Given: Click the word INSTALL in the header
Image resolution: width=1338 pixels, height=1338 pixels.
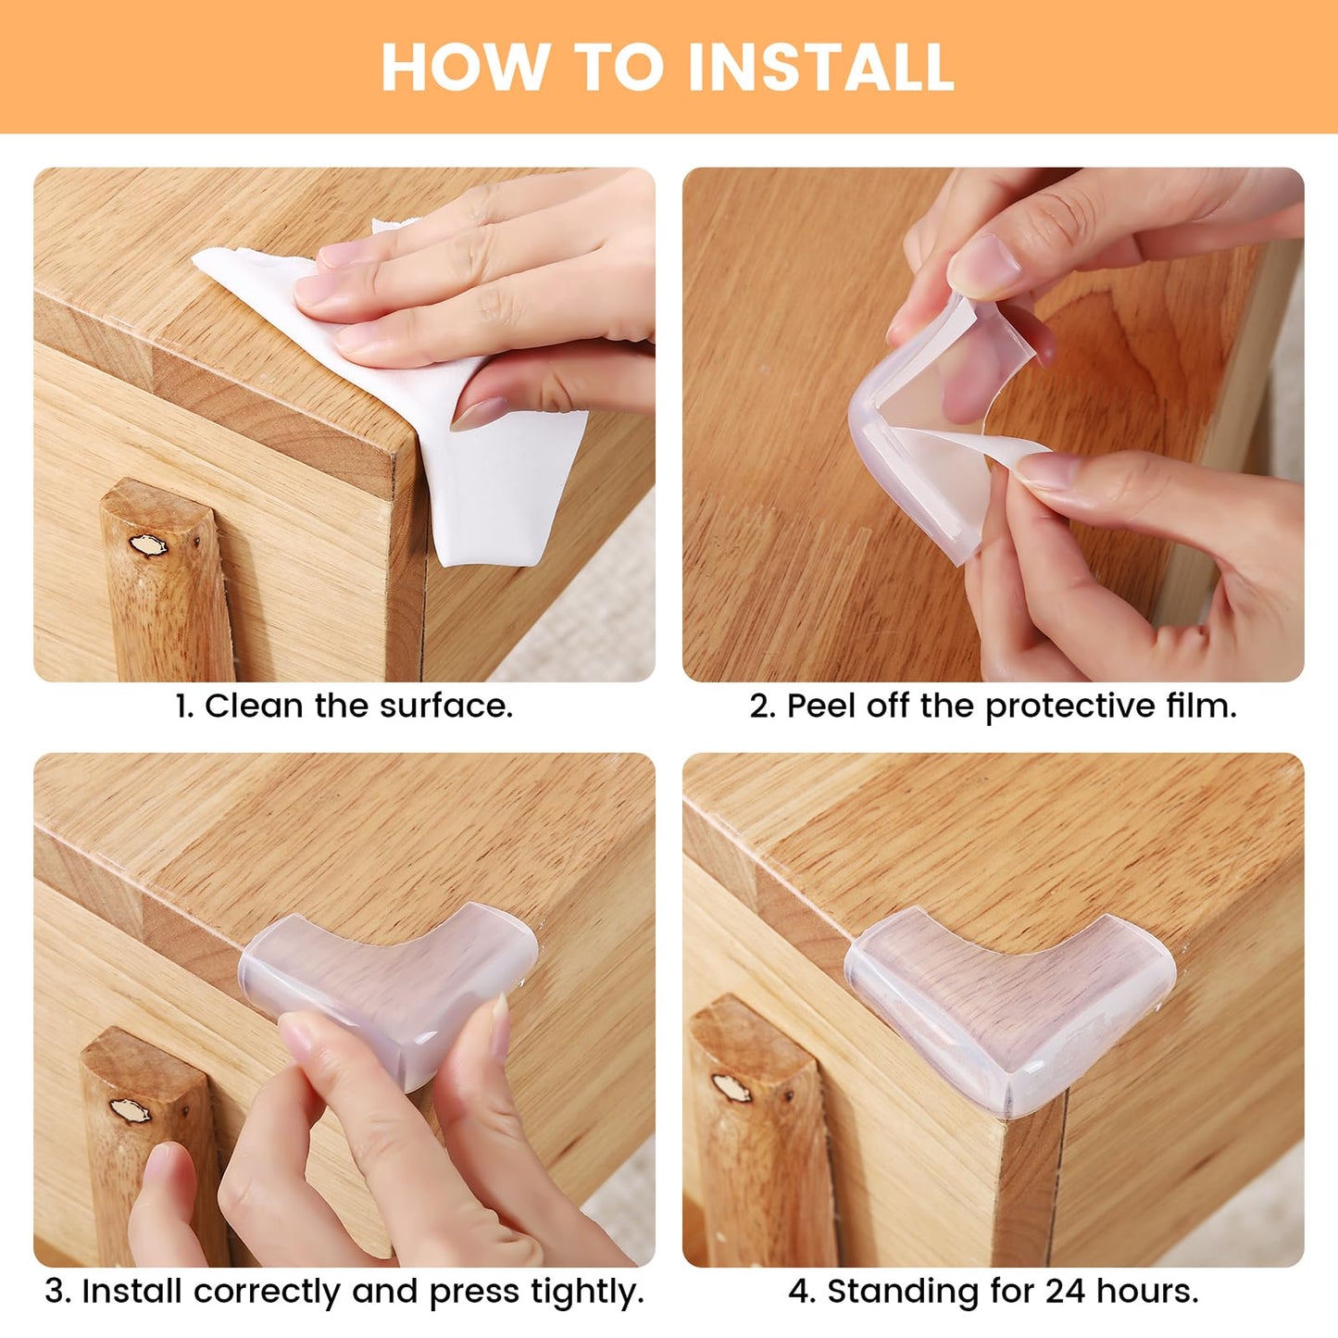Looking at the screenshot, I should click(x=820, y=68).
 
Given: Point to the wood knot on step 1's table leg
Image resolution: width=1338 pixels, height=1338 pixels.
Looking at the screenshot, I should click(x=147, y=545).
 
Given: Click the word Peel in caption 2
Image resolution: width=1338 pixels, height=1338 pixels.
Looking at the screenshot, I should click(x=820, y=707).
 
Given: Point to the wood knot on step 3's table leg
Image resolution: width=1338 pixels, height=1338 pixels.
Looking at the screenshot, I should click(x=130, y=1109).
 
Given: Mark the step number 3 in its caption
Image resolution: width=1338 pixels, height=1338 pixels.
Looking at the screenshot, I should click(x=55, y=1292).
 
